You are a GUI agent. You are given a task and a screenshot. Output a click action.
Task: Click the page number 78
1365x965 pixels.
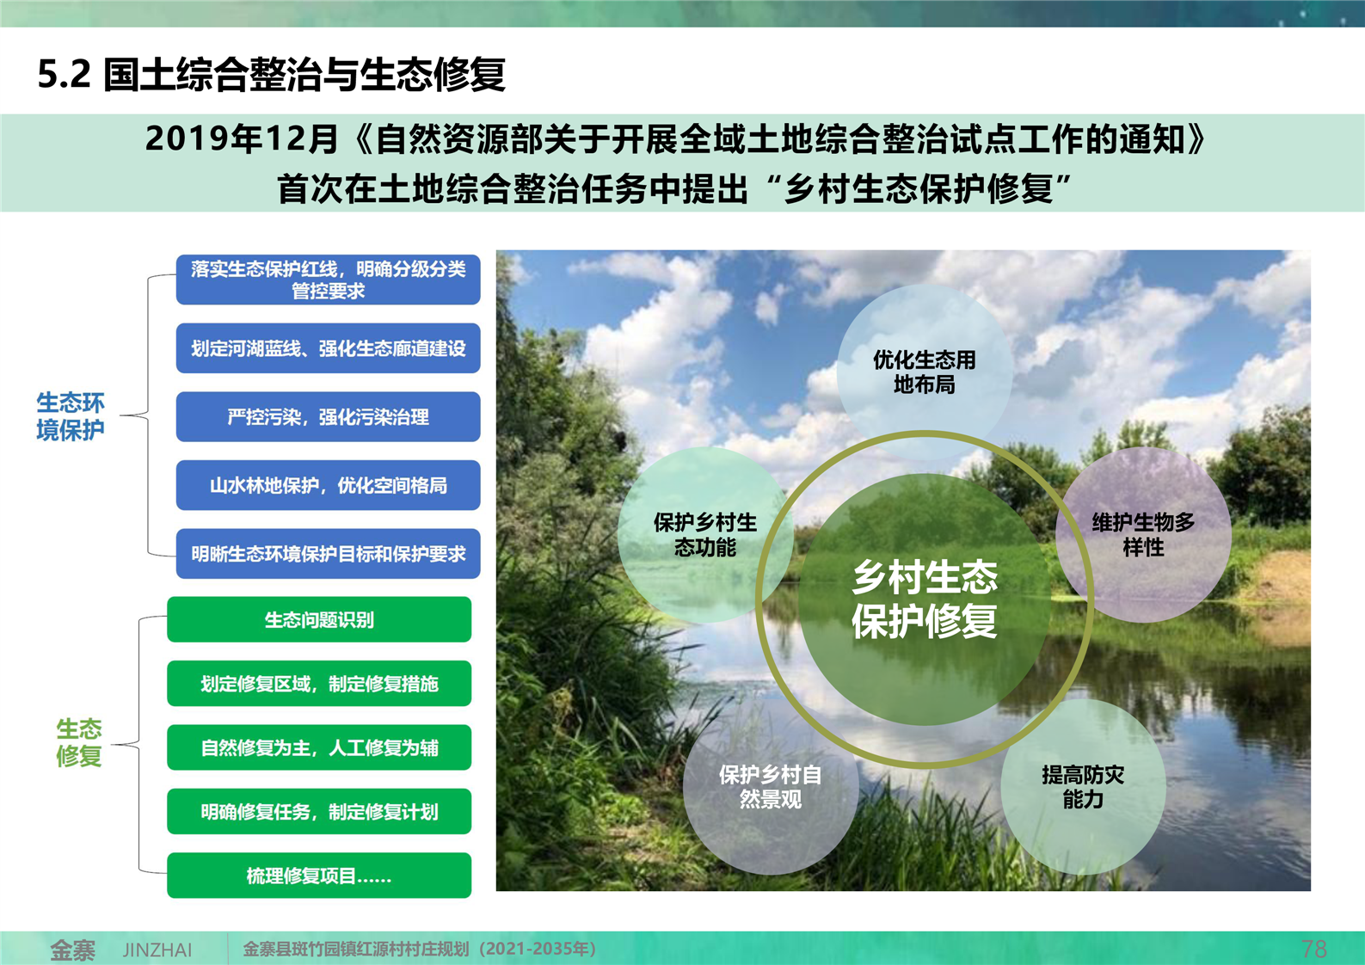(1313, 949)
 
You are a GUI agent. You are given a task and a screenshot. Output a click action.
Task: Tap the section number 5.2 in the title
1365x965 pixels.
(64, 74)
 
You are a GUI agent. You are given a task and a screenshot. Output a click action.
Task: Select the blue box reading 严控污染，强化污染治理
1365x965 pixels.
(328, 416)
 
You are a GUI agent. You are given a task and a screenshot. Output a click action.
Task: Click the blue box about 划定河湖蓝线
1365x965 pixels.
(328, 347)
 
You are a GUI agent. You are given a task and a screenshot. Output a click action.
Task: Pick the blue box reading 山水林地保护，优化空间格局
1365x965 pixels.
(328, 485)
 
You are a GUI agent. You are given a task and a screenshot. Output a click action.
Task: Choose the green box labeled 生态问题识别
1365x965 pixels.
(319, 619)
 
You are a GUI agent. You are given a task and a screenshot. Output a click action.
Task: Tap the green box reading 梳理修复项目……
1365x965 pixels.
(319, 876)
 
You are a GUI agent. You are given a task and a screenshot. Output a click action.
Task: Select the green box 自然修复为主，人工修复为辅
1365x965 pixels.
(319, 747)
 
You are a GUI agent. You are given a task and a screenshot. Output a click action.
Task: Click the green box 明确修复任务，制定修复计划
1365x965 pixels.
(319, 812)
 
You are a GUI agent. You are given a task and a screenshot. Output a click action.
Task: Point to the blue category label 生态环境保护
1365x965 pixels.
(70, 416)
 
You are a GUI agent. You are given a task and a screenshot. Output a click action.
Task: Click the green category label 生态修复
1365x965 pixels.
(78, 742)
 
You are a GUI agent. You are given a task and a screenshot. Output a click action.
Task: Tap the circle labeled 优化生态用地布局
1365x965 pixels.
(925, 372)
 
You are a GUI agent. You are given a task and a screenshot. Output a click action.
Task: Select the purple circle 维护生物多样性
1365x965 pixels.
(1144, 534)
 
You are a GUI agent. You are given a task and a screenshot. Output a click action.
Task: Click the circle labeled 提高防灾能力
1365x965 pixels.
(1083, 787)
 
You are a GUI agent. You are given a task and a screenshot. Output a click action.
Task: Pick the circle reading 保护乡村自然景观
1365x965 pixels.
(771, 787)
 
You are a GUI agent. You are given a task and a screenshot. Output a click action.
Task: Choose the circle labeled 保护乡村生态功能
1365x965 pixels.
(705, 534)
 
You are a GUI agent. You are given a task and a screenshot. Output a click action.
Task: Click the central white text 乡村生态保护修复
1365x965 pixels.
(925, 599)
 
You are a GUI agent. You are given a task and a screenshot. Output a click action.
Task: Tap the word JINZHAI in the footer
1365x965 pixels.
(157, 950)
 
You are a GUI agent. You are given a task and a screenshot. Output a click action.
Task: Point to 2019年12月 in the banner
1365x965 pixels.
(242, 138)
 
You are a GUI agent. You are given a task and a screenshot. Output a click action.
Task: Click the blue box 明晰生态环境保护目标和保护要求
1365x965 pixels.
(328, 553)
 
